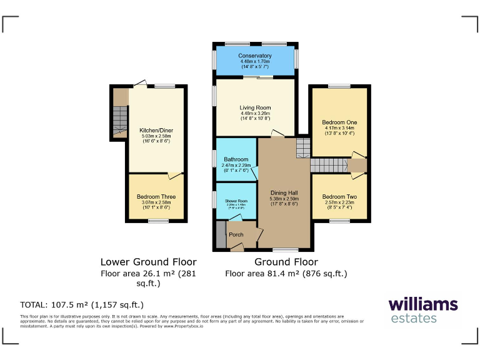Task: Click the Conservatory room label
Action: click(254, 56)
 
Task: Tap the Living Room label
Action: click(254, 107)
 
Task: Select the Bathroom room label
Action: click(236, 159)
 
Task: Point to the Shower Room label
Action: click(236, 200)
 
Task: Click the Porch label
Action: click(236, 234)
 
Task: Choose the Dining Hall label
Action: click(284, 192)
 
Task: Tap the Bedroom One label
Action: click(338, 122)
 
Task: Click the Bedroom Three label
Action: click(156, 197)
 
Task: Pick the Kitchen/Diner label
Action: click(156, 130)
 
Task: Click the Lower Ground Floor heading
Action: click(149, 262)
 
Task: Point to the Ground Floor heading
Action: click(286, 262)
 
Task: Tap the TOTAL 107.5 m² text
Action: click(82, 305)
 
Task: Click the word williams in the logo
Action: click(423, 304)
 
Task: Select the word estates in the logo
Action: click(413, 319)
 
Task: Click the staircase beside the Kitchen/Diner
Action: click(120, 121)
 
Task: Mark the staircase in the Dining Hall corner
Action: click(302, 148)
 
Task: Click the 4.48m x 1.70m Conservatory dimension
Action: click(254, 61)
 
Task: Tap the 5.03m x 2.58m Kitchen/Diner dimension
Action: click(156, 136)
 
